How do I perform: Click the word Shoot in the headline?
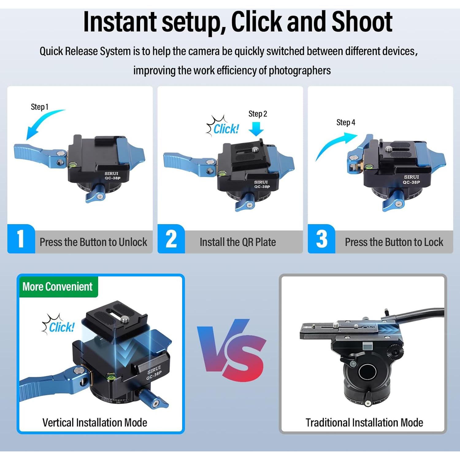click(362, 21)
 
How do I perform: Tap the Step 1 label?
click(40, 107)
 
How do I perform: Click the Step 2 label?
click(258, 114)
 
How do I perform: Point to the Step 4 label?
click(346, 122)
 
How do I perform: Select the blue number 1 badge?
click(21, 239)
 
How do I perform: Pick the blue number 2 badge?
click(171, 239)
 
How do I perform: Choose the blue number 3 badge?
click(321, 239)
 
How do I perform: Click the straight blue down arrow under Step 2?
click(256, 129)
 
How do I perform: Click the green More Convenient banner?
click(58, 287)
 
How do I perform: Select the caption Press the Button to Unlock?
click(93, 242)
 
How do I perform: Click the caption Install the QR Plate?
click(238, 242)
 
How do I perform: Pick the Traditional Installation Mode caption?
click(364, 423)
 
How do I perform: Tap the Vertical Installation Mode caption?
click(95, 423)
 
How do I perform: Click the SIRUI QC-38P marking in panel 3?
click(412, 179)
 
